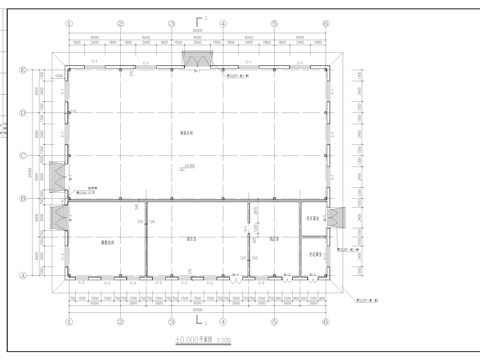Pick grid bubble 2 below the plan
tap(121, 322)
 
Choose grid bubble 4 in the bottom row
tap(222, 322)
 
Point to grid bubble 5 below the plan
tap(273, 322)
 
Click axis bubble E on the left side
tap(22, 69)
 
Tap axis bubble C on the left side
tap(22, 155)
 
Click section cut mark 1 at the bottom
tap(200, 323)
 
